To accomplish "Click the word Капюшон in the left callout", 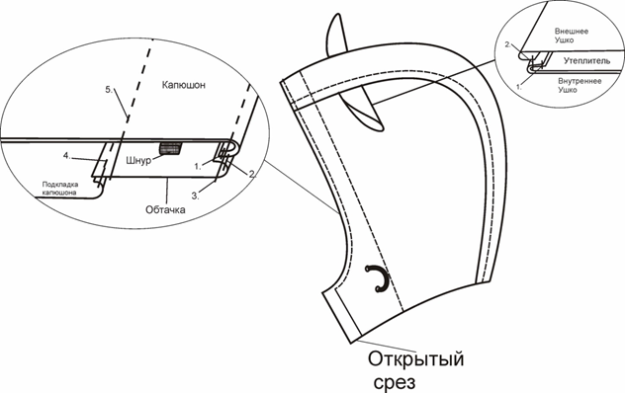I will [x=185, y=87].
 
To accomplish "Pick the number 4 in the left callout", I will [x=66, y=155].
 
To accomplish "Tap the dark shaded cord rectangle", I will [x=171, y=150].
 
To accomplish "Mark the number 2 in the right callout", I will [x=507, y=45].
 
